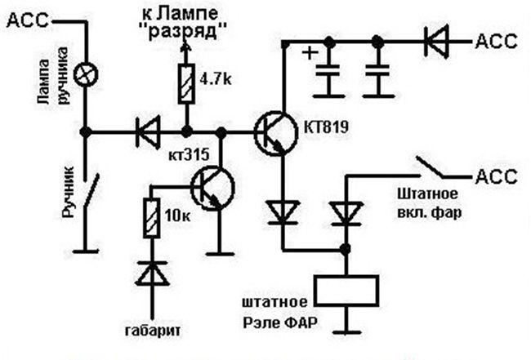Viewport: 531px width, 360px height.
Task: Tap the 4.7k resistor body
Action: [x=186, y=84]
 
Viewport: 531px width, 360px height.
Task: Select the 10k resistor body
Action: [x=151, y=216]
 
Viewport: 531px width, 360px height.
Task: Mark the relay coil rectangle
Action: [x=346, y=289]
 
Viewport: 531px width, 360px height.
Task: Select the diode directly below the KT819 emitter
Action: [x=284, y=212]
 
